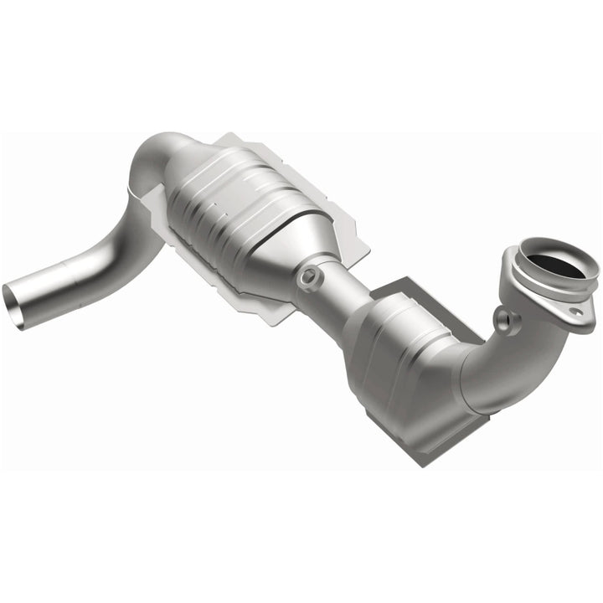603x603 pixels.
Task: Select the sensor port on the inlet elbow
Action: click(502, 318)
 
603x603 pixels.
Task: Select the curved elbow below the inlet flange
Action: click(502, 360)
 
